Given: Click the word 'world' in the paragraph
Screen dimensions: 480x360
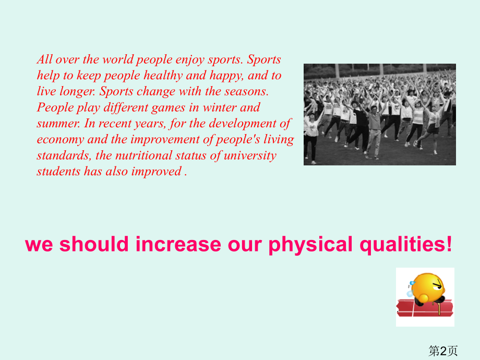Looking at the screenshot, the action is point(118,59).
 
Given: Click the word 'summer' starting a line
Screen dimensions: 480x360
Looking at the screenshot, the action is point(58,124).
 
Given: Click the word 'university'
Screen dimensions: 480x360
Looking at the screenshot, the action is point(250,156).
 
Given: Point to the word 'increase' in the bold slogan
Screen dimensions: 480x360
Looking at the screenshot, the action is point(178,244).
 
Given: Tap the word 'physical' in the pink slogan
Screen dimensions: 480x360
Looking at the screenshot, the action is point(310,245).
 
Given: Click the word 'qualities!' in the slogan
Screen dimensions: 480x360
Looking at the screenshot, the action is point(405,245).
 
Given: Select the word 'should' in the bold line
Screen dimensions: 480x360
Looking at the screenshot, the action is point(94,244).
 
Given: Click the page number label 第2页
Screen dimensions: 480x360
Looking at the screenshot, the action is point(443,351).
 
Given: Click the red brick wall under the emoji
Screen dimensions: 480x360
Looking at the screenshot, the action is point(425,308).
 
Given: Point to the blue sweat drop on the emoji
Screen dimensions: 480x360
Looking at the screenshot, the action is point(412,283).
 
